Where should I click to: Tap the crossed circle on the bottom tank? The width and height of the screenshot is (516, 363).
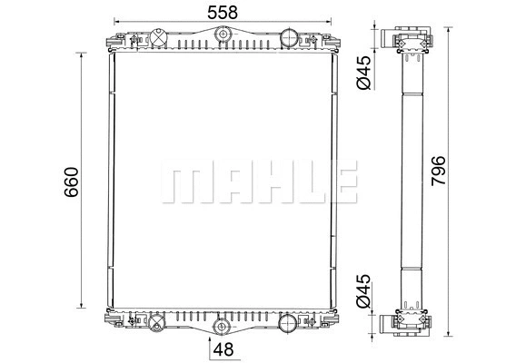point(155,321)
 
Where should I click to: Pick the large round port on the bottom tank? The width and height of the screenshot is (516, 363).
point(288,321)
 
